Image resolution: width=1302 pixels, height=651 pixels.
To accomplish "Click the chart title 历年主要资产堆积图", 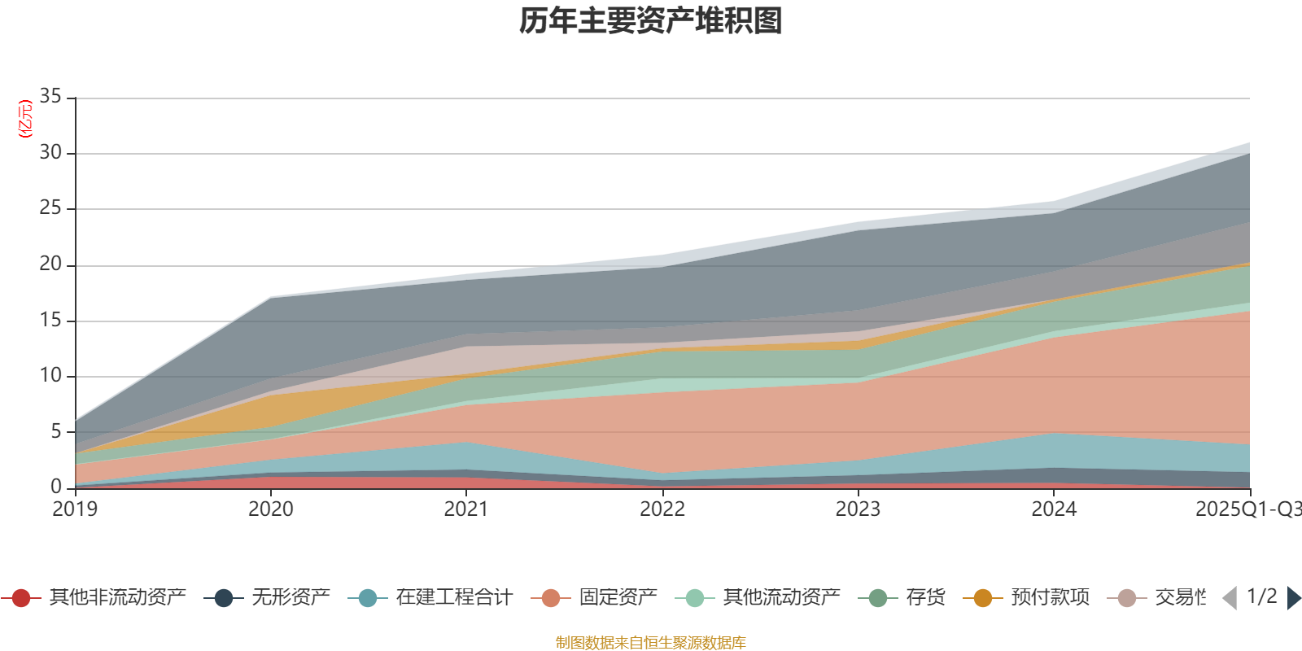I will [651, 21].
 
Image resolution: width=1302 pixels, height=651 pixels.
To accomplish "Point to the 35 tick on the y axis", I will [50, 97].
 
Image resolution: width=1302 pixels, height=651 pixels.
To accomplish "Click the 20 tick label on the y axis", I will [50, 264].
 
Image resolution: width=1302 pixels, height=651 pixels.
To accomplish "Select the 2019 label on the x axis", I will [75, 509].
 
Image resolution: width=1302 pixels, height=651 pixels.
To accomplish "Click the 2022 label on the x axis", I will [662, 509].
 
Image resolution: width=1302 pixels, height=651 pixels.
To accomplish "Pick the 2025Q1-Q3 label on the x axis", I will [1247, 509].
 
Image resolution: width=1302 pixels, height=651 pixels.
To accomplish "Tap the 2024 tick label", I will [1054, 509].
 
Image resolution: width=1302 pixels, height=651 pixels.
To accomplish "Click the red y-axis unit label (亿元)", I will [25, 119].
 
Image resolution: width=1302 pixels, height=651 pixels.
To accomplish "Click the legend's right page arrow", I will [1293, 598].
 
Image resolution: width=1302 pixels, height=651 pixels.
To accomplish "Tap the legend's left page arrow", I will [1230, 598].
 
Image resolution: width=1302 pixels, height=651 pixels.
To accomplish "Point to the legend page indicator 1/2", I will [1261, 596].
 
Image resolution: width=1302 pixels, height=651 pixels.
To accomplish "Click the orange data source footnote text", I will [651, 643].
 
